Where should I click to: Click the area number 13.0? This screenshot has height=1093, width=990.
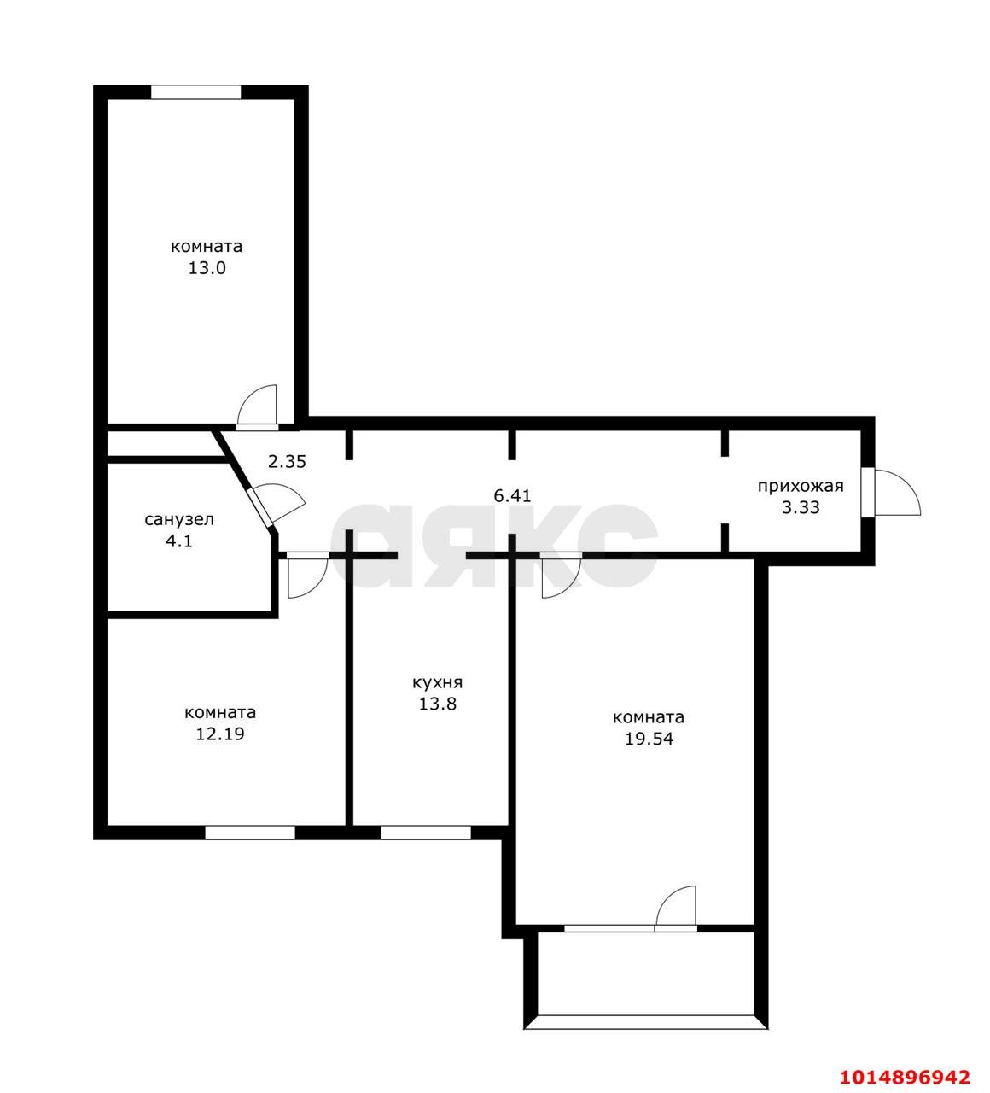click(207, 268)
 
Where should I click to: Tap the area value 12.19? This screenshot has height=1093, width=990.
click(220, 734)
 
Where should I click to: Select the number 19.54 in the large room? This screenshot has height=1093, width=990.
click(649, 739)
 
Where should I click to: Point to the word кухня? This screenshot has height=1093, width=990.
click(437, 682)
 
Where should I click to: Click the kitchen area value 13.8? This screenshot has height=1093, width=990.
click(437, 704)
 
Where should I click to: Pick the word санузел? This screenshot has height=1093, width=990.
click(179, 520)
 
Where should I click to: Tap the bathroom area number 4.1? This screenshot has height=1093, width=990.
click(179, 541)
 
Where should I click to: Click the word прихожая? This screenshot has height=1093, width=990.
click(801, 486)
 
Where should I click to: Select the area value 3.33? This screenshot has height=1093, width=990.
click(801, 508)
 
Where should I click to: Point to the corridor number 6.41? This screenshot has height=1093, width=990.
click(512, 496)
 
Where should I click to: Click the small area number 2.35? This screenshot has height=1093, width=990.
click(287, 462)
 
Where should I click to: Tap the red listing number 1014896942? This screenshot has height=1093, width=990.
click(905, 1077)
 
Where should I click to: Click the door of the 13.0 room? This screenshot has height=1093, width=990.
click(257, 406)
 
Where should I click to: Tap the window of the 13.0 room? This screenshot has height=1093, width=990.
click(195, 92)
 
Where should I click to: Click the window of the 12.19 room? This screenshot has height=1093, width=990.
click(250, 833)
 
